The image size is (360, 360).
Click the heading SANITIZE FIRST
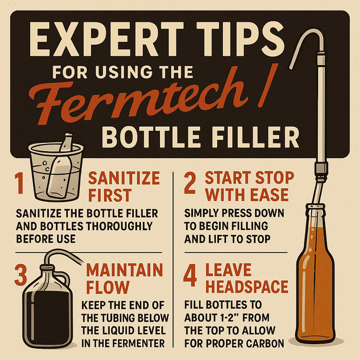click(124, 186)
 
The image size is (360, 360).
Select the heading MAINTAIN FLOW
click(124, 279)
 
